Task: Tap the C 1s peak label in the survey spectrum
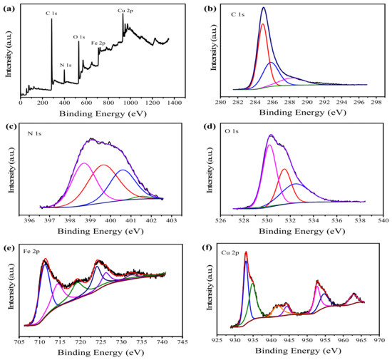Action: (51, 14)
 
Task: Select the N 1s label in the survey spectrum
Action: (66, 66)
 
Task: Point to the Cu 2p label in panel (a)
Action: (125, 11)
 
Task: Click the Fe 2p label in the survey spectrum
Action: (98, 43)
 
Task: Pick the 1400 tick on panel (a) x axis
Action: (174, 103)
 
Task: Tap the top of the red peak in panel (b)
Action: (262, 24)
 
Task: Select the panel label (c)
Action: (9, 127)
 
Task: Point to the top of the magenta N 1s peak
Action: (84, 163)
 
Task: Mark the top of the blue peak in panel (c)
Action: (123, 170)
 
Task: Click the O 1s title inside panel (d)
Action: (232, 131)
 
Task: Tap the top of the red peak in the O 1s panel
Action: (284, 169)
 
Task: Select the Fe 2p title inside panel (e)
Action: (31, 251)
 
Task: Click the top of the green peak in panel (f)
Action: (253, 284)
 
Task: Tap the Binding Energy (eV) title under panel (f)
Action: (298, 351)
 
